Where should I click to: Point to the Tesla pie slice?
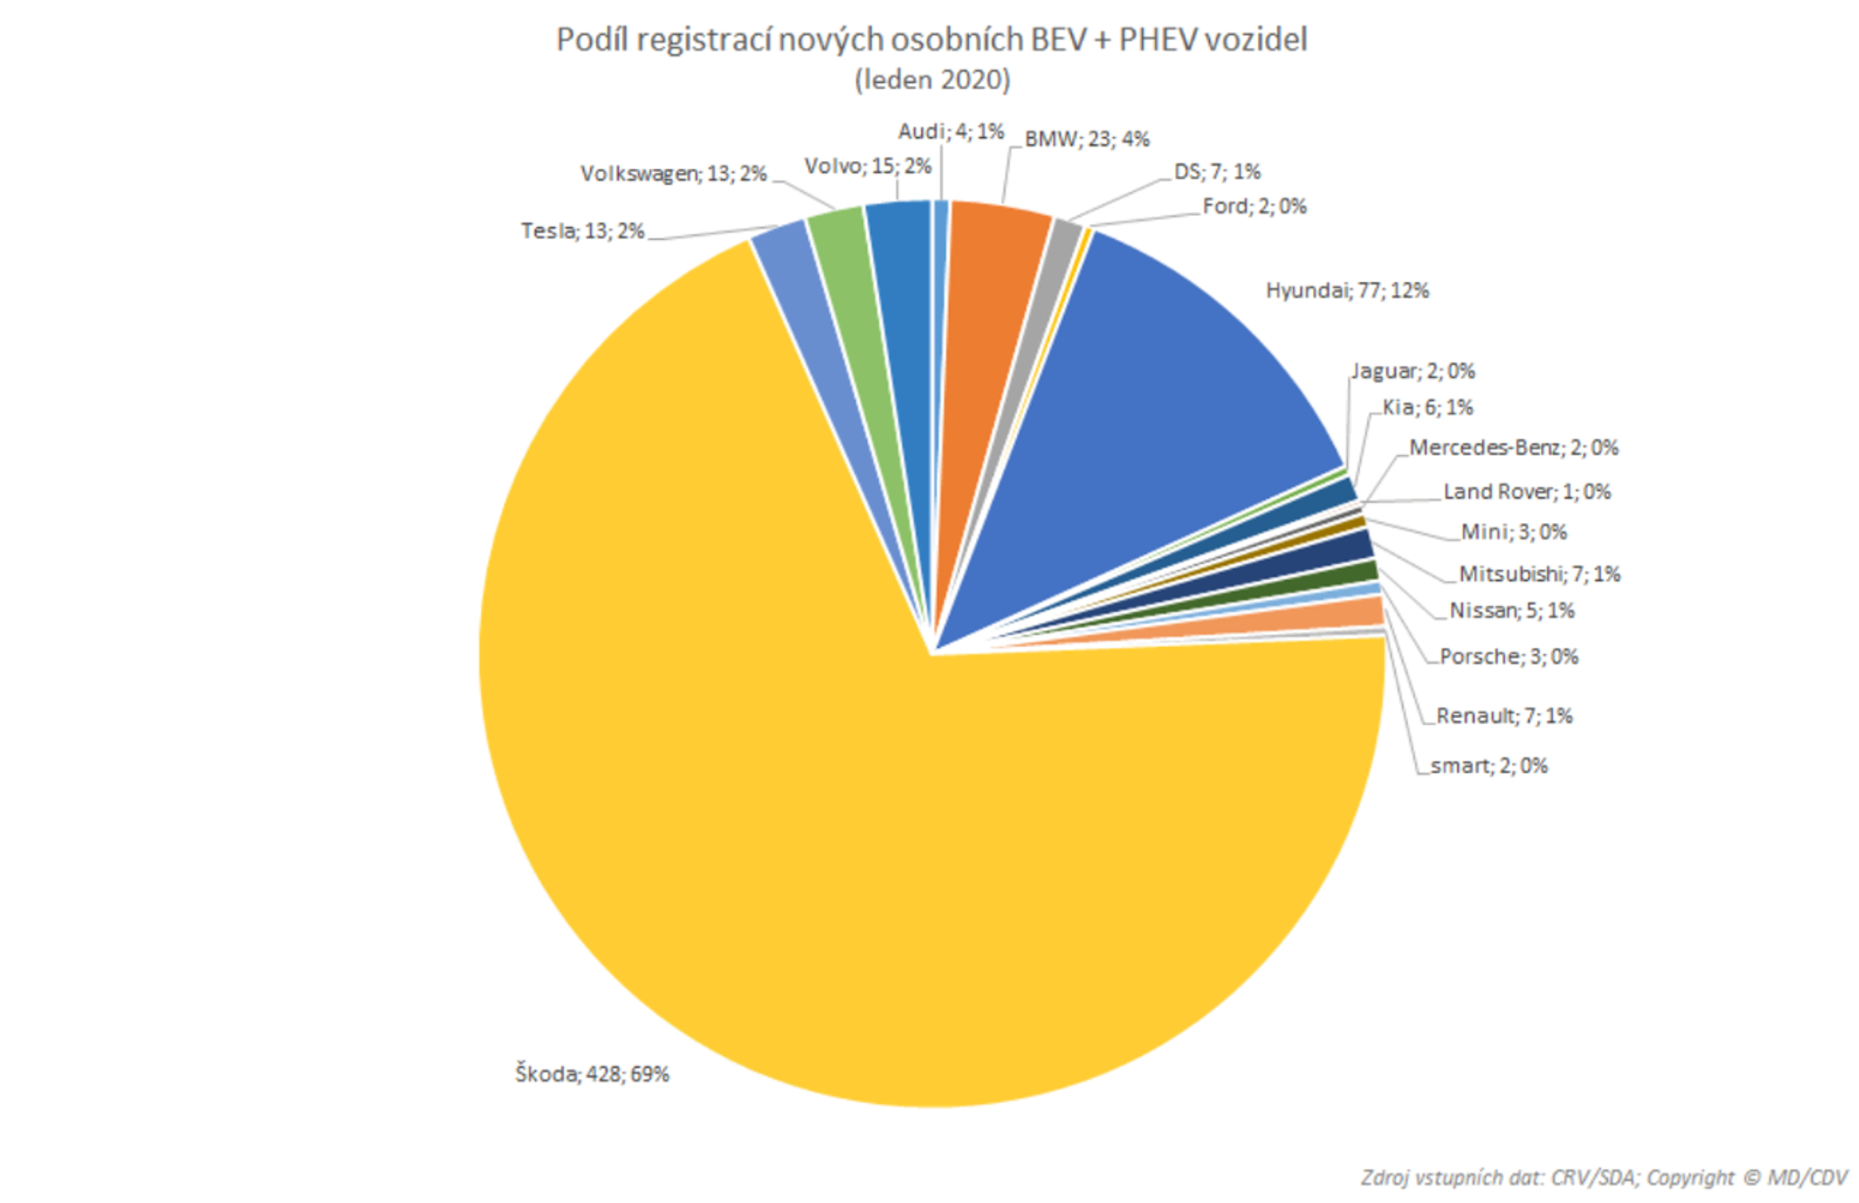coord(805,312)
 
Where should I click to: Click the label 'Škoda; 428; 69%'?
coord(592,1075)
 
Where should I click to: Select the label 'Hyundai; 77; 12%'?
coord(1347,290)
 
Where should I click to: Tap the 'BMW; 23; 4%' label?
coord(1087,139)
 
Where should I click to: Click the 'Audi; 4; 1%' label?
coord(950,131)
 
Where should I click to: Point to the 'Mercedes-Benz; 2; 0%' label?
coord(1513,448)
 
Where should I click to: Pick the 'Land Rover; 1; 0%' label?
coord(1527,491)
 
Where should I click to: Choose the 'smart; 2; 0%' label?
coord(1489,765)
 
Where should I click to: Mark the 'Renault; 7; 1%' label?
coord(1504,716)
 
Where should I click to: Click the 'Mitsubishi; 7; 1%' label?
coord(1540,574)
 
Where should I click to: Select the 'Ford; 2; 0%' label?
coord(1254,206)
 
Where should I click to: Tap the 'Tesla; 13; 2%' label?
coord(582,231)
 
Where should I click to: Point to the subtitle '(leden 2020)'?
coord(932,80)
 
